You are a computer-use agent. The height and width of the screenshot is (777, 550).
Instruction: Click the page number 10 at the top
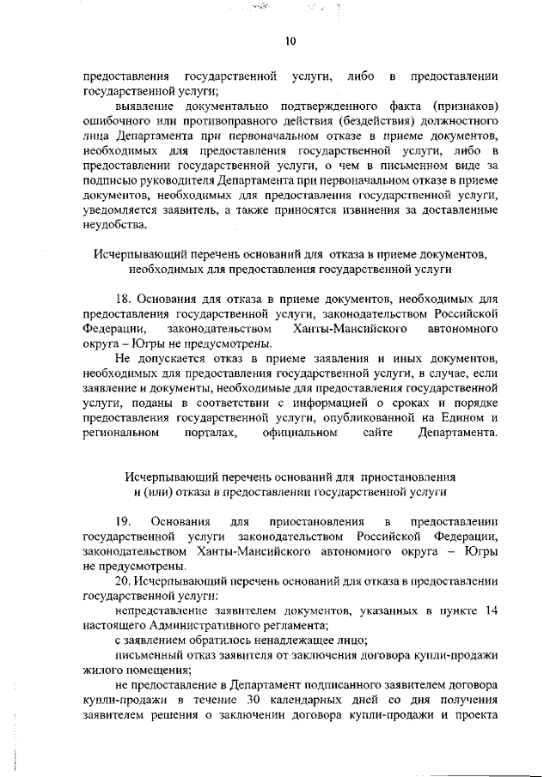[290, 39]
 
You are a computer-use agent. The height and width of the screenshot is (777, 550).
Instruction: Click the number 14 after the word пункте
[490, 610]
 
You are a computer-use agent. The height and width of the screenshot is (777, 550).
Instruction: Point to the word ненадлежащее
[294, 640]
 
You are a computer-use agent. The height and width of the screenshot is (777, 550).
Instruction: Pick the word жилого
[102, 671]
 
